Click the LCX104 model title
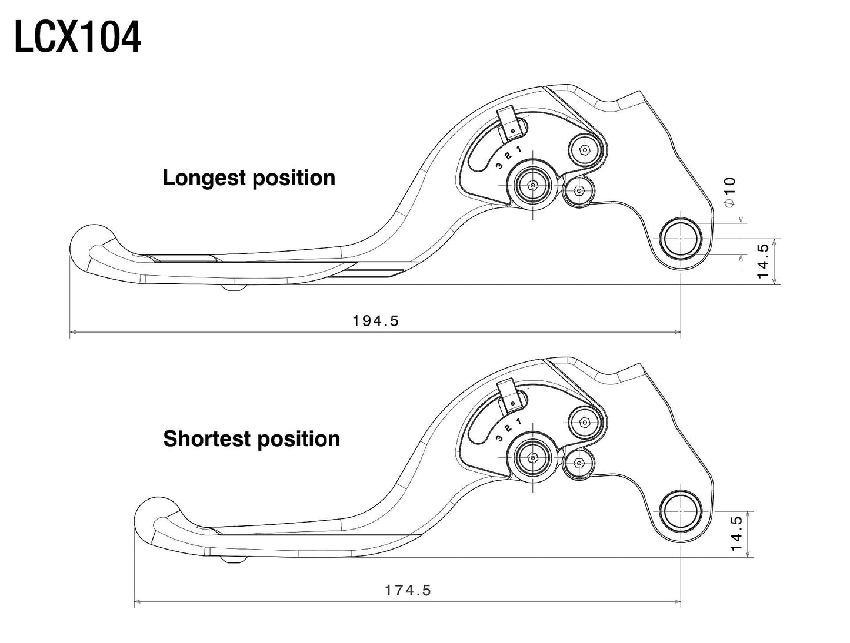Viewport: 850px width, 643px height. [x=77, y=38]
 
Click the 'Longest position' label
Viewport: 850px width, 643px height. [x=249, y=178]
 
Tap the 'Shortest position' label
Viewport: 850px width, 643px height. [x=251, y=439]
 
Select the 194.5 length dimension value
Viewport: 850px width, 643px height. [x=375, y=320]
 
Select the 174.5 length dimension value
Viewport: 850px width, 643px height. [x=408, y=590]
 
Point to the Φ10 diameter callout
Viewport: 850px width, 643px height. [x=729, y=191]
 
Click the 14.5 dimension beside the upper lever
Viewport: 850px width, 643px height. [x=763, y=262]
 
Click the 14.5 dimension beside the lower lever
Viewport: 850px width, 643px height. [x=736, y=533]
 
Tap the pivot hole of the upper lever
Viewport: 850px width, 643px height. [x=681, y=239]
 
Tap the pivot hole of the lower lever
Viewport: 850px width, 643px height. [x=681, y=511]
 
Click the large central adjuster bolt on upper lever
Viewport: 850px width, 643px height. [x=532, y=185]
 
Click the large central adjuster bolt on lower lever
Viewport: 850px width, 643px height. [x=532, y=457]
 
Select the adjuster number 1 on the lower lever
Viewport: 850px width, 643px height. [x=518, y=421]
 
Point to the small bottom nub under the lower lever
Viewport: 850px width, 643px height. [x=232, y=559]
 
